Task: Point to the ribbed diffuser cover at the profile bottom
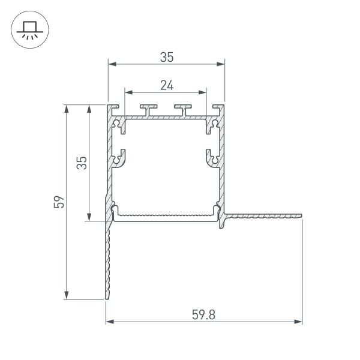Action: (x=166, y=215)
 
